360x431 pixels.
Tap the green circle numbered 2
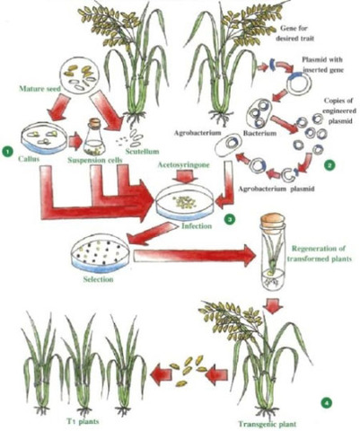coord(329,165)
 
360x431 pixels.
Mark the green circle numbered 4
coord(326,404)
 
